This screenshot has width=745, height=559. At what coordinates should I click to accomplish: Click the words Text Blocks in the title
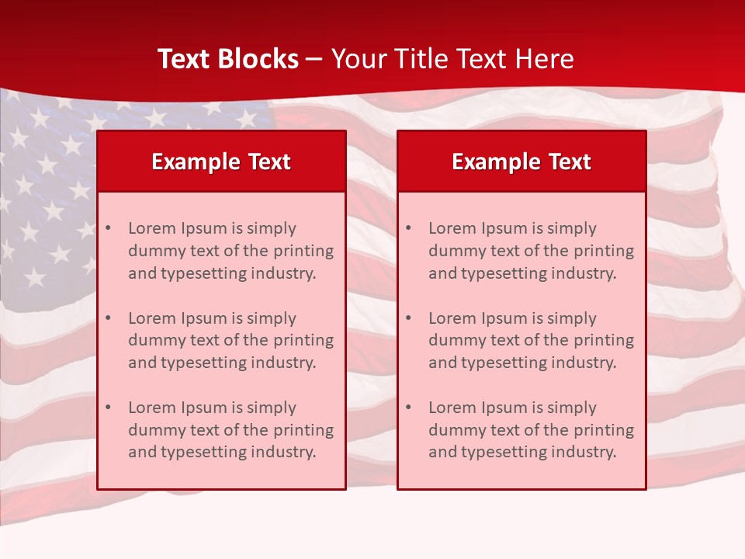click(228, 59)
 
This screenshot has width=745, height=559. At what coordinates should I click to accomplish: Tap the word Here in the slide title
click(545, 59)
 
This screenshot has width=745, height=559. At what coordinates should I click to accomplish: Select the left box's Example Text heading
click(221, 161)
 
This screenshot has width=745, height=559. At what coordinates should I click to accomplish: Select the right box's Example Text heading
click(521, 161)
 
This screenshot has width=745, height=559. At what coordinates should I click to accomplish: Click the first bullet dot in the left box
click(108, 228)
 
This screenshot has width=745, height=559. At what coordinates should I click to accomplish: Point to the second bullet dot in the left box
click(108, 318)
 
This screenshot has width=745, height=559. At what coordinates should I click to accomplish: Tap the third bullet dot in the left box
click(108, 408)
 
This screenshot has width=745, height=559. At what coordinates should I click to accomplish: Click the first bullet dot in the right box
click(408, 228)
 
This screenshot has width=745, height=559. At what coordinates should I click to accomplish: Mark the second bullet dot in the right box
click(408, 318)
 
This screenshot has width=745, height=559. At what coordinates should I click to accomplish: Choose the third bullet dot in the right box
click(408, 408)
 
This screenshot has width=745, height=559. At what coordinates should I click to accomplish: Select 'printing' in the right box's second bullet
click(604, 340)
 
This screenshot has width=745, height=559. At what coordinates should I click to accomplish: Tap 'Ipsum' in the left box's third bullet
click(204, 408)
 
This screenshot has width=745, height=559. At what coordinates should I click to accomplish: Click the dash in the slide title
click(314, 59)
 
